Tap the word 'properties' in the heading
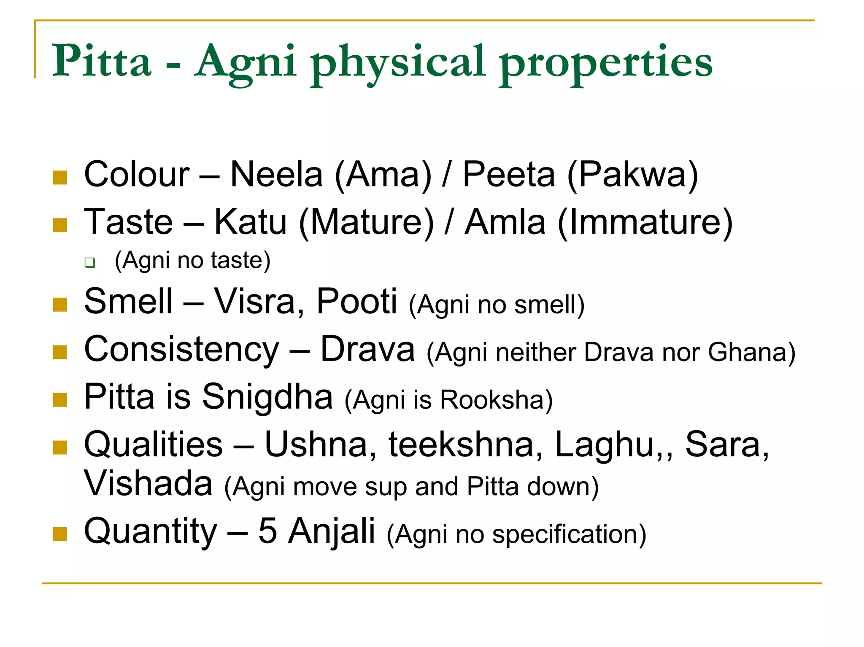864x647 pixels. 606,63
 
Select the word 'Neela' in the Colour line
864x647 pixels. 276,175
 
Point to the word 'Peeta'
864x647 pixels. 509,175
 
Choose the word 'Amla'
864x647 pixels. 505,222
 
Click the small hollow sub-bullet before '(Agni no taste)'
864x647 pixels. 89,262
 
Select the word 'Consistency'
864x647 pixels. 181,350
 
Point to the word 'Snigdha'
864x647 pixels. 267,397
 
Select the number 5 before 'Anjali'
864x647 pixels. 267,531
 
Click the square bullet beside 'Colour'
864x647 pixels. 60,178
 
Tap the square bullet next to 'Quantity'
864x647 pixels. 60,534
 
